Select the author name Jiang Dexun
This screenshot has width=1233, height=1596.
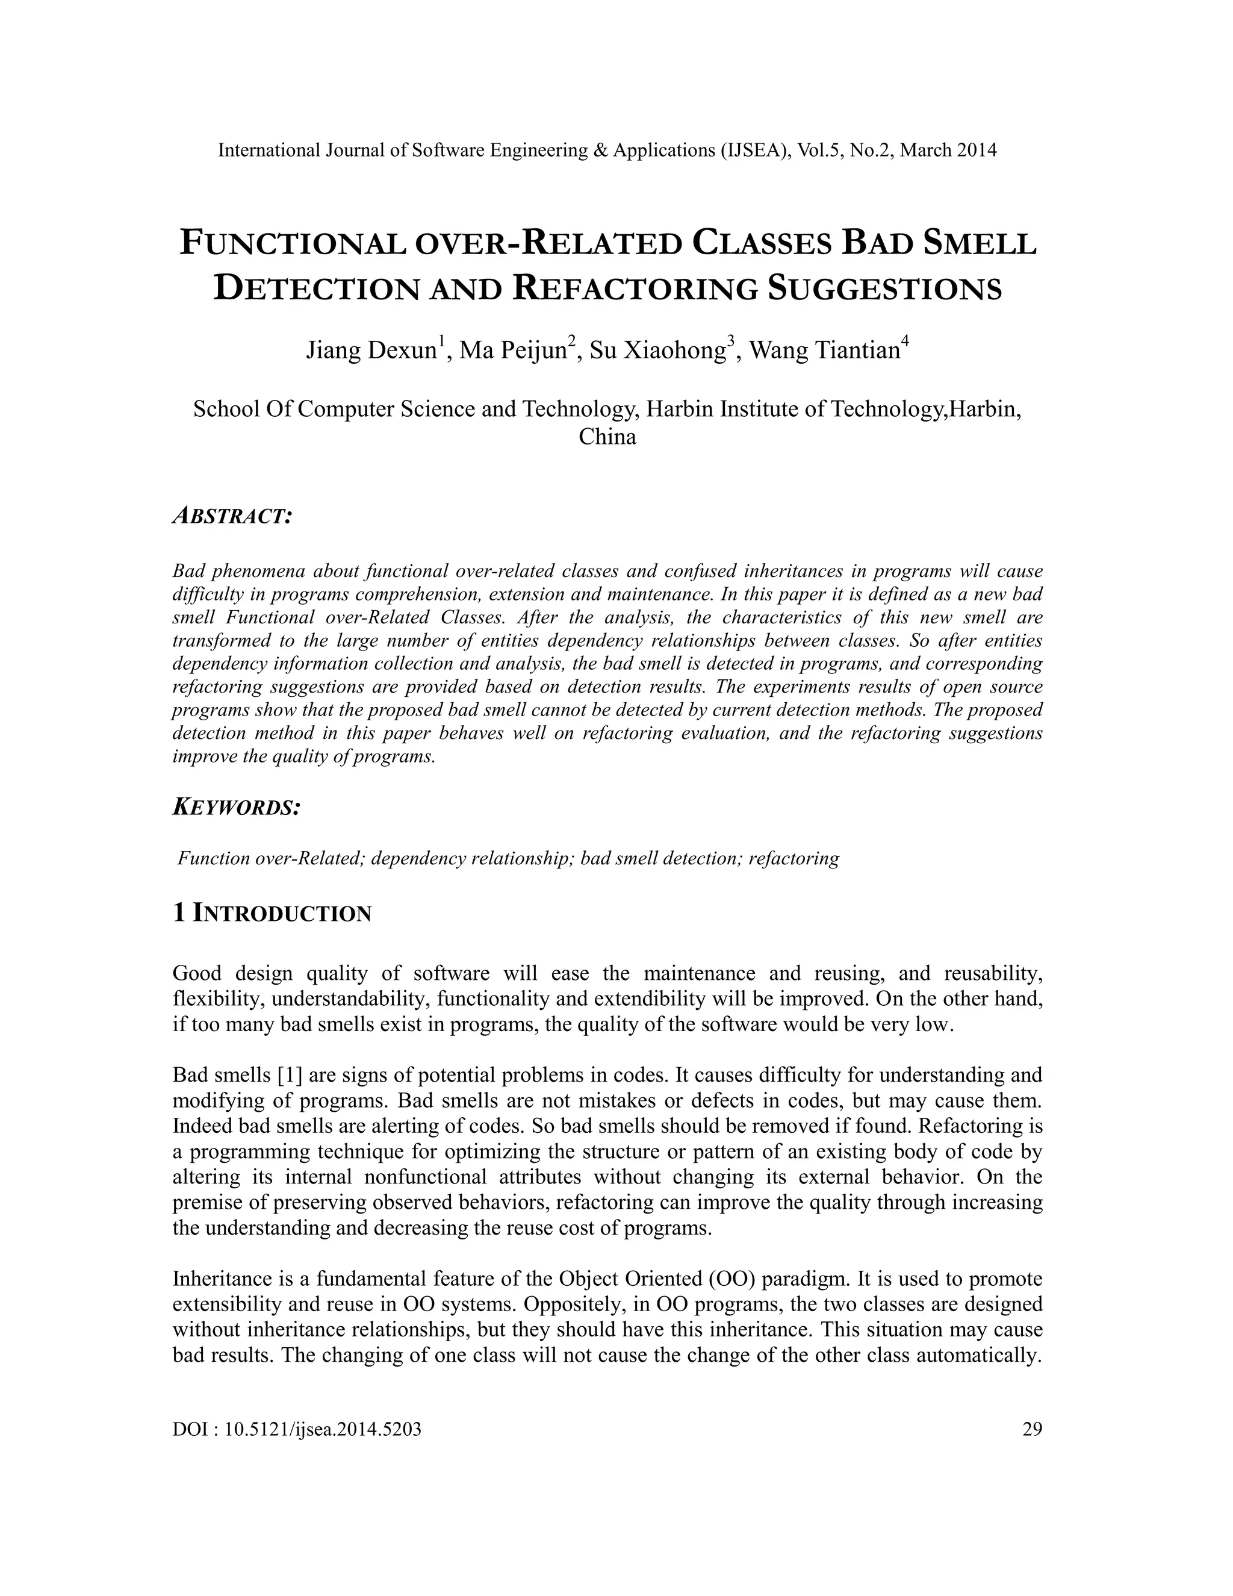(x=370, y=351)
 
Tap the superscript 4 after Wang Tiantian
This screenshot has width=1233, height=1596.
(x=905, y=340)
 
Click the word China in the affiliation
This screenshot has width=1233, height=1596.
(x=607, y=437)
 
